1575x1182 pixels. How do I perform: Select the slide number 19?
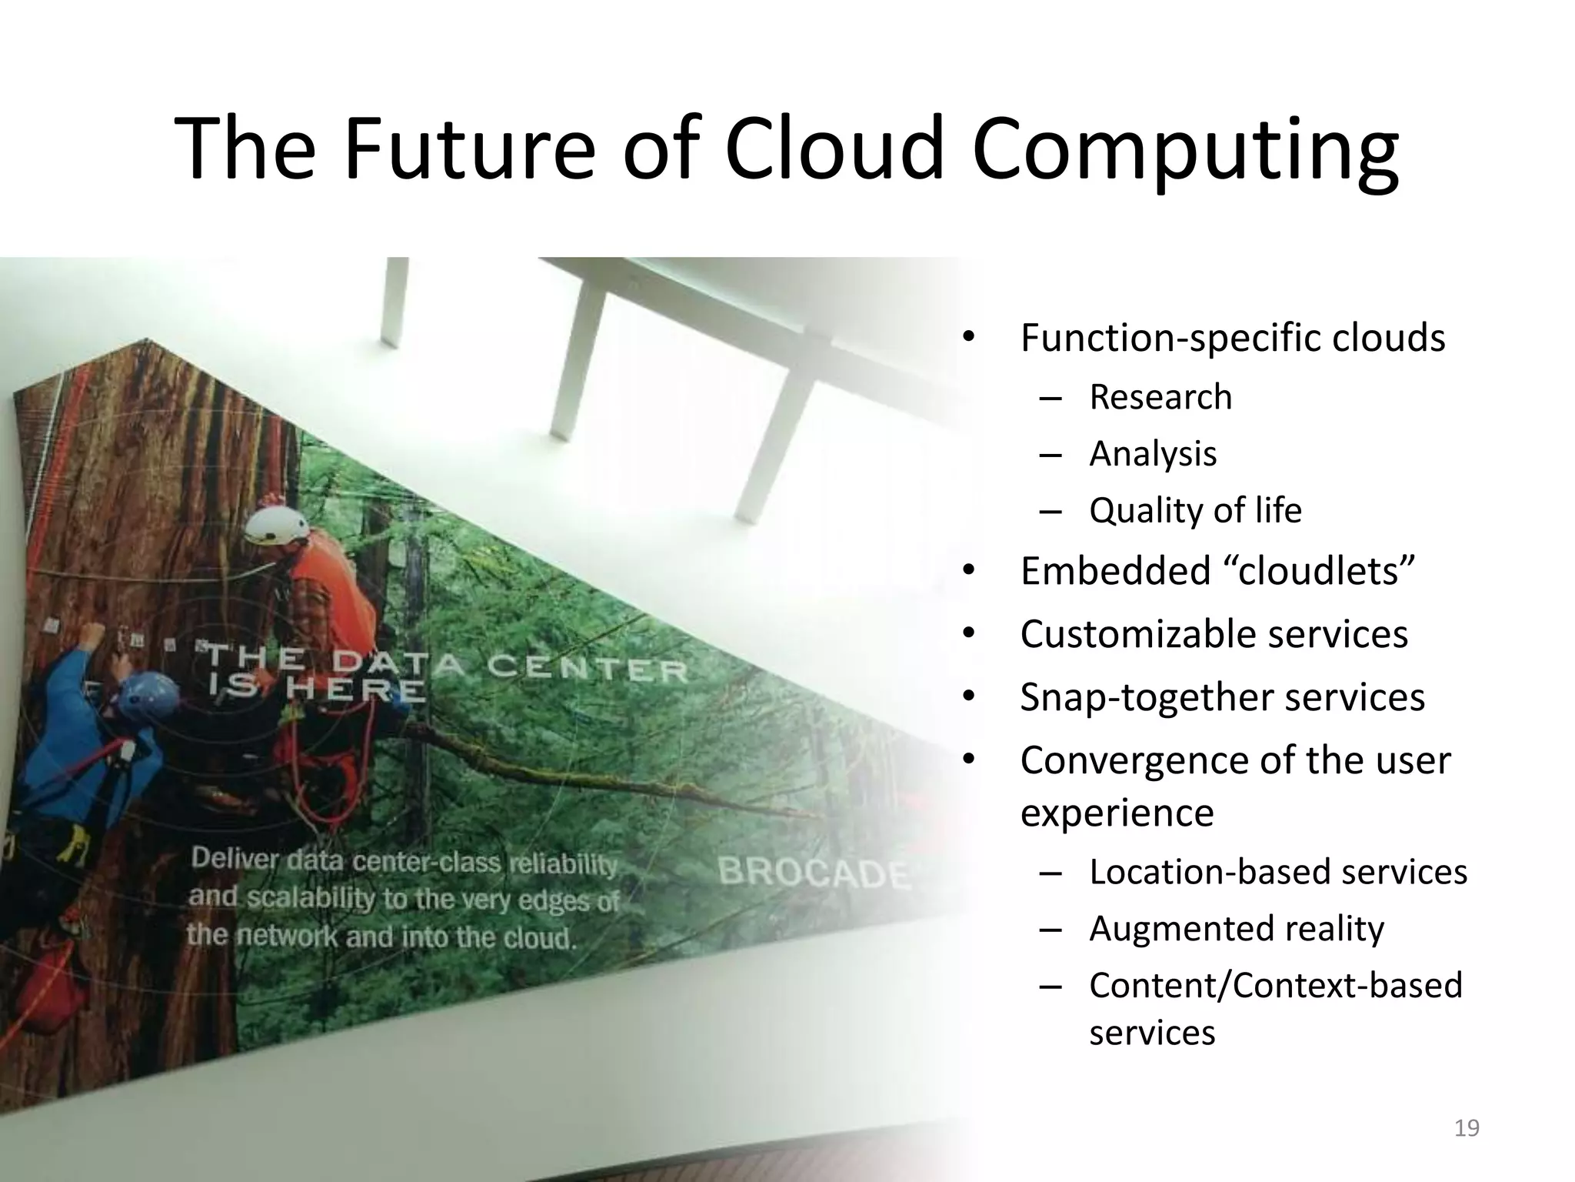click(x=1467, y=1128)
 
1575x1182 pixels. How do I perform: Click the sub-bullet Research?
click(x=1160, y=397)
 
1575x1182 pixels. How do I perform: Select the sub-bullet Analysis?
click(x=1152, y=453)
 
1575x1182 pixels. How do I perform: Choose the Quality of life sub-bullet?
click(x=1195, y=510)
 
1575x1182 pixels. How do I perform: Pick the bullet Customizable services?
click(x=1214, y=634)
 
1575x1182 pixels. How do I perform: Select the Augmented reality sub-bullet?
click(x=1236, y=928)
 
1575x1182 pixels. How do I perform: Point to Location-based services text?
click(x=1277, y=872)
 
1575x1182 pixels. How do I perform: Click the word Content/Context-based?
click(x=1275, y=985)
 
